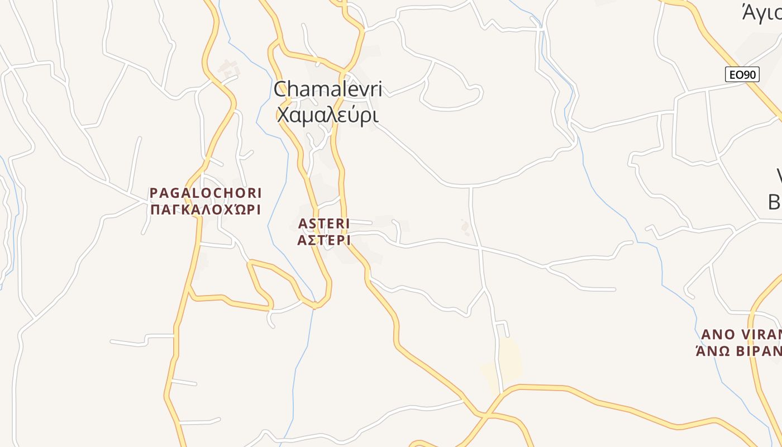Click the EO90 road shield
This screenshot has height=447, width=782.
pyautogui.click(x=742, y=74)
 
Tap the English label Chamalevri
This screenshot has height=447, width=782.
pyautogui.click(x=328, y=89)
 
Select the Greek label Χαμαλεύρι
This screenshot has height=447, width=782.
pyautogui.click(x=328, y=115)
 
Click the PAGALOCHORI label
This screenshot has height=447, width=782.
pyautogui.click(x=206, y=193)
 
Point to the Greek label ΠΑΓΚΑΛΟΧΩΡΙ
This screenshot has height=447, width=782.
pyautogui.click(x=206, y=210)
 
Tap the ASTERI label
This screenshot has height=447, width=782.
pyautogui.click(x=324, y=223)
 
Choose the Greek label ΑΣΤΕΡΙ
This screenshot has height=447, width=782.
pyautogui.click(x=324, y=240)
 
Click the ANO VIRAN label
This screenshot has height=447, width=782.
pyautogui.click(x=741, y=335)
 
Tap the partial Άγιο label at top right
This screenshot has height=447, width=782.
pyautogui.click(x=761, y=12)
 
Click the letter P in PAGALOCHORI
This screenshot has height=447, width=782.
pyautogui.click(x=154, y=193)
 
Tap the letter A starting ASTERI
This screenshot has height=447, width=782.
pyautogui.click(x=303, y=223)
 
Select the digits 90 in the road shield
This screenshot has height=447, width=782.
pyautogui.click(x=750, y=74)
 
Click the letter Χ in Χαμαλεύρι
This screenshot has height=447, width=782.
pyautogui.click(x=283, y=115)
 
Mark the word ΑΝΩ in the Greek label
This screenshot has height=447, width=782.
pyautogui.click(x=712, y=351)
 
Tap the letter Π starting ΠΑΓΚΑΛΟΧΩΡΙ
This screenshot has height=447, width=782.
pyautogui.click(x=155, y=210)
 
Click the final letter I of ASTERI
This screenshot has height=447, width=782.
pyautogui.click(x=347, y=223)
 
